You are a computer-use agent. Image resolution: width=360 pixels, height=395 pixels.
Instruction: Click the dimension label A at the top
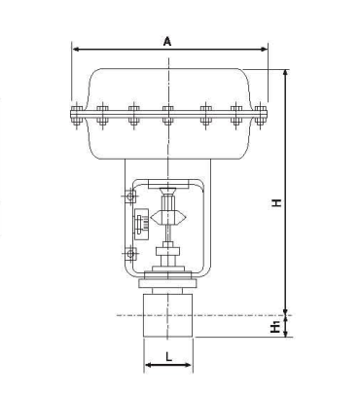click(x=167, y=42)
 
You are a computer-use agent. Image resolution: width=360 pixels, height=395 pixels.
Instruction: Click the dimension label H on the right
click(x=276, y=203)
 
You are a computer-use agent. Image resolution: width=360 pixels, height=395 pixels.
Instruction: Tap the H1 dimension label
click(x=275, y=326)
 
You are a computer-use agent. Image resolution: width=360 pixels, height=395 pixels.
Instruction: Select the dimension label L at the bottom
click(x=168, y=357)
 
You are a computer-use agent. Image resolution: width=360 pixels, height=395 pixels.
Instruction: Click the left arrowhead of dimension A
click(x=76, y=50)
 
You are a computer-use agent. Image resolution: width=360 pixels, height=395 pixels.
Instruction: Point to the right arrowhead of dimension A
click(x=264, y=50)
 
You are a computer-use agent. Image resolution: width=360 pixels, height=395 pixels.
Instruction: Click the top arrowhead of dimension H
click(x=285, y=74)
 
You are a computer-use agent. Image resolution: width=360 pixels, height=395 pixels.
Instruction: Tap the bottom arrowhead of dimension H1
click(x=285, y=333)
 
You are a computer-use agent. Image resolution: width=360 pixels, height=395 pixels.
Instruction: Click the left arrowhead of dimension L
click(x=148, y=365)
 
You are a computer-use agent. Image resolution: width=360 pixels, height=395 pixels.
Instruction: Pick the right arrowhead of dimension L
click(x=189, y=365)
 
